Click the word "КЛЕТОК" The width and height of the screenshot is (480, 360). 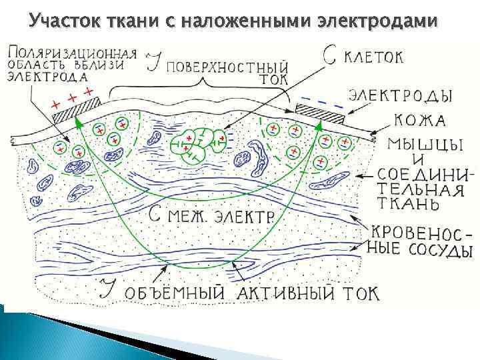[373, 57]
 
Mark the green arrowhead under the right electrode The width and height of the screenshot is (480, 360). [319, 123]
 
